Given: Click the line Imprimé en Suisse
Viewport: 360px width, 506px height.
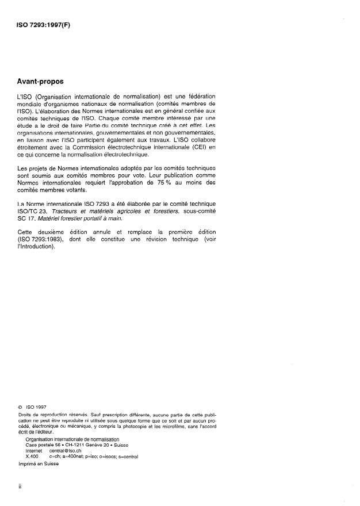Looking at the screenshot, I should pyautogui.click(x=38, y=465).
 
